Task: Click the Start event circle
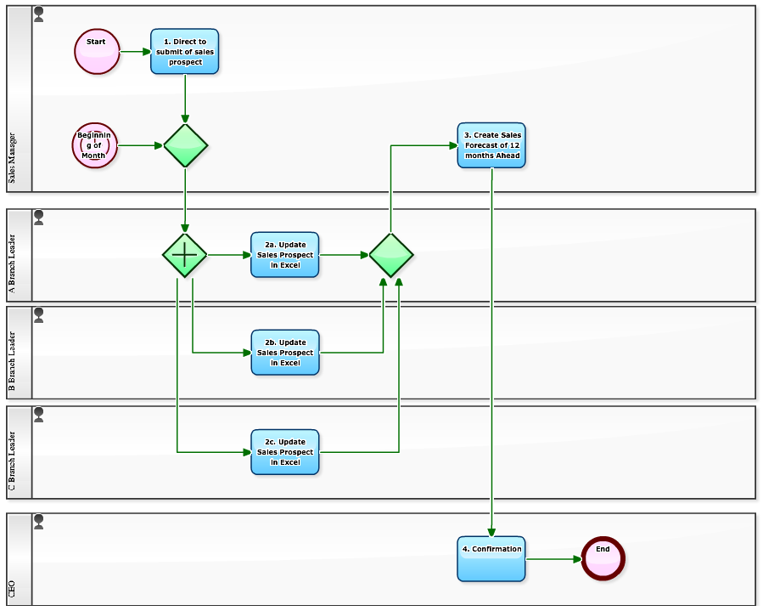[97, 52]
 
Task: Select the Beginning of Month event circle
[94, 145]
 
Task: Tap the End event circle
[603, 559]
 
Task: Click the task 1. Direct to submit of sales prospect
[185, 52]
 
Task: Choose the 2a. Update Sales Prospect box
[285, 255]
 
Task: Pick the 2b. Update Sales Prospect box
[285, 353]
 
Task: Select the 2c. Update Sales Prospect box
[285, 452]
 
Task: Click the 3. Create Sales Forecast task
[491, 145]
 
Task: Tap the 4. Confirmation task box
[491, 559]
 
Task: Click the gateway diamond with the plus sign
[185, 255]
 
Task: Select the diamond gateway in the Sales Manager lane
[185, 145]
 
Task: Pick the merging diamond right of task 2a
[391, 255]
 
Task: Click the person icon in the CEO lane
[39, 522]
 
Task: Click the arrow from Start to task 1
[135, 52]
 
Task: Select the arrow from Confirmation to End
[553, 559]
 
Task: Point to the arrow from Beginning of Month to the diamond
[139, 145]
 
